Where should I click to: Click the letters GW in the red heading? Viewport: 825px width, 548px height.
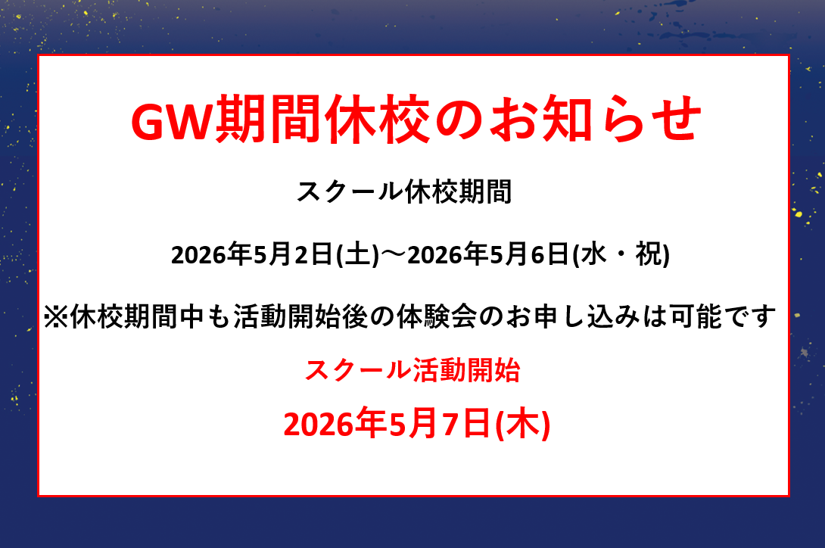(172, 120)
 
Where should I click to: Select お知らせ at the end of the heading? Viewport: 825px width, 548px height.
(596, 120)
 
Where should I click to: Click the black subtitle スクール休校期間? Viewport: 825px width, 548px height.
(404, 191)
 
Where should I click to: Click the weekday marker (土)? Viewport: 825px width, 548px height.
(357, 255)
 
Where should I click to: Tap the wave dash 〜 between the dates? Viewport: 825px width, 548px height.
(393, 255)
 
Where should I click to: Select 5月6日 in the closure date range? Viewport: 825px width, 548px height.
(529, 255)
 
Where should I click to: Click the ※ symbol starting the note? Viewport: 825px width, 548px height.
(56, 317)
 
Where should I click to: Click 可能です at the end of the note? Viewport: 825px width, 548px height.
(722, 316)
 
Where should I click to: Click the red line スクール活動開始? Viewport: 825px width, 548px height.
(412, 370)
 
